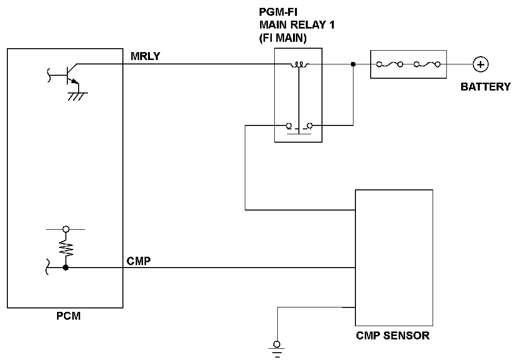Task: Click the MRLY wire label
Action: click(146, 56)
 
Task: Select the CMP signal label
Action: click(138, 261)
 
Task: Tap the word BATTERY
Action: click(485, 87)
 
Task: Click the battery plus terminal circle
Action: click(480, 64)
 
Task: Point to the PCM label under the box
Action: click(68, 316)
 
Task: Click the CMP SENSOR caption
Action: click(392, 336)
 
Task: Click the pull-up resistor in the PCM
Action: click(66, 248)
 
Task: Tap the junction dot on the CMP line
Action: click(66, 268)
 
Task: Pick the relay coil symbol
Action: click(298, 64)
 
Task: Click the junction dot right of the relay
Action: click(353, 64)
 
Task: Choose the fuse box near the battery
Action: click(408, 64)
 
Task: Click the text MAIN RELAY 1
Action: click(297, 26)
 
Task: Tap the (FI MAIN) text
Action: click(283, 39)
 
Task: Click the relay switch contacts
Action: click(298, 127)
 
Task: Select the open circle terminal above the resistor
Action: click(66, 229)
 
